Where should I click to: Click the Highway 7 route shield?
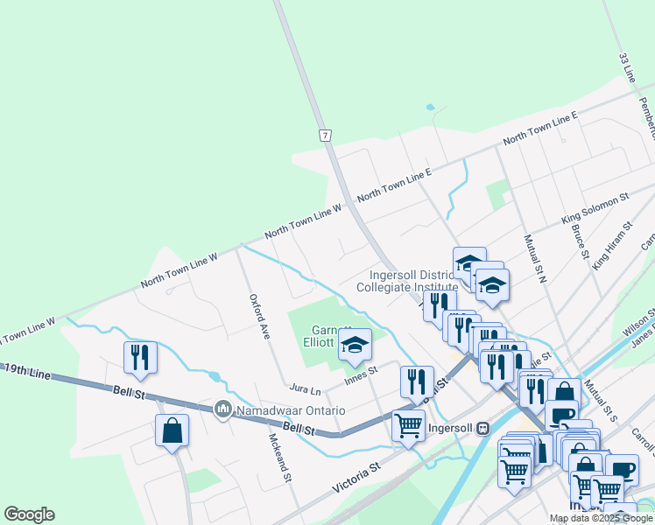pos(325,136)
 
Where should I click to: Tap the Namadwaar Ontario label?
pos(289,410)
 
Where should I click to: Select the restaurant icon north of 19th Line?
pos(140,356)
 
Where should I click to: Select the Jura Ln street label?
pos(305,387)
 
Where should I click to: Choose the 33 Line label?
pos(627,67)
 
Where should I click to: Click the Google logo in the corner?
pos(29,514)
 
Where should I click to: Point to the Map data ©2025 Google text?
pos(602,518)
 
